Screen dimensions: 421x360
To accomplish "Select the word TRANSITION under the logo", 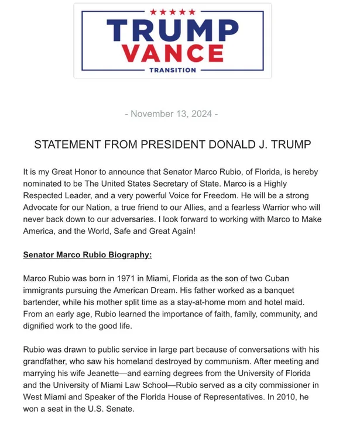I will [x=172, y=70].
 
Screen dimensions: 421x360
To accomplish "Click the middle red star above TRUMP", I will [x=173, y=12].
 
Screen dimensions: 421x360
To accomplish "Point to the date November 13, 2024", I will [x=172, y=113].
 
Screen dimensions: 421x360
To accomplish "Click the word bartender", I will [x=44, y=302].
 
